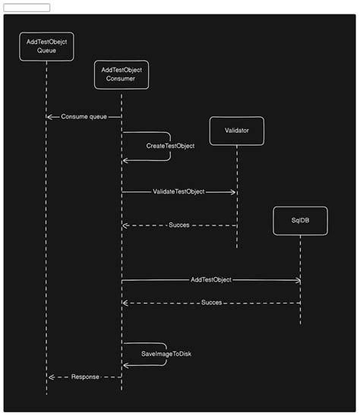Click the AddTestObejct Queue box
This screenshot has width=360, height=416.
(x=46, y=46)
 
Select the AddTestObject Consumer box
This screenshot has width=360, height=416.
(x=122, y=74)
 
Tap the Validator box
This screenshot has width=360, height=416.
(x=236, y=131)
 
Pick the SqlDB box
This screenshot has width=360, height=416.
(x=300, y=219)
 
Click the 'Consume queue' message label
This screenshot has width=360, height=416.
(x=84, y=117)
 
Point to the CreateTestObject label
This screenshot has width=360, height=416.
(x=170, y=146)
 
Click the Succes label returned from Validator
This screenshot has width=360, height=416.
(x=178, y=225)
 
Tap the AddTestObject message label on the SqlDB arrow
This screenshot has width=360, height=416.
(x=211, y=280)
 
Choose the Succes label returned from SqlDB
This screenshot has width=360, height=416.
(x=212, y=303)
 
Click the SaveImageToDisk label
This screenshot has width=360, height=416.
(x=166, y=355)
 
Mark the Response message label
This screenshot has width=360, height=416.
(x=85, y=377)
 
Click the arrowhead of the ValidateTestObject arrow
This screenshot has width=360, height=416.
(x=233, y=192)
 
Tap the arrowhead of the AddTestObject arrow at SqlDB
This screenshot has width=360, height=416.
(x=298, y=280)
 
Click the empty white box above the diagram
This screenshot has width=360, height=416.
(x=27, y=8)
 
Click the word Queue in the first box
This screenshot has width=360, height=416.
(x=46, y=51)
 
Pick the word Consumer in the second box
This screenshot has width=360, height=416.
(x=122, y=79)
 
